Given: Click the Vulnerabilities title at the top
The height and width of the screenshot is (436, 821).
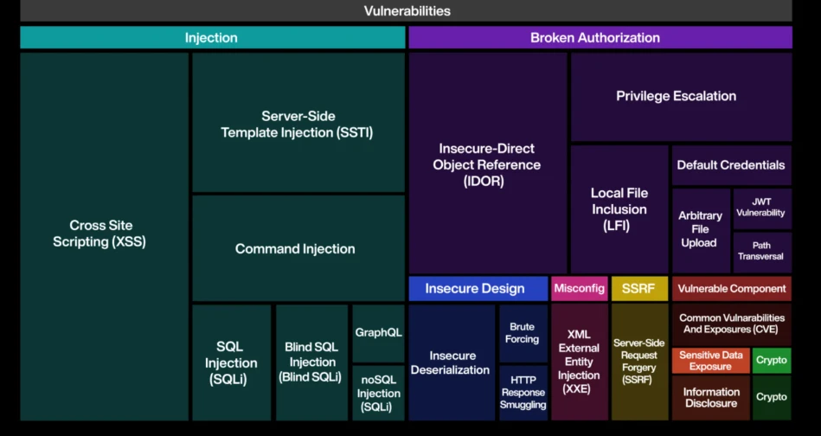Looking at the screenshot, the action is (x=407, y=10).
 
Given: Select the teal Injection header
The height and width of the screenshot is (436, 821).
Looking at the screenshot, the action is (x=213, y=38).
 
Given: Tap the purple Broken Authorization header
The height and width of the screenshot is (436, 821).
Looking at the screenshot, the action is (x=600, y=38).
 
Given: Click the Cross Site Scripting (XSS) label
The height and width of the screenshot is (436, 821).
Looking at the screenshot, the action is (x=99, y=234).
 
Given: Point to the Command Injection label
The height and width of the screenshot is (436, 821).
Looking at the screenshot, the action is (x=295, y=248).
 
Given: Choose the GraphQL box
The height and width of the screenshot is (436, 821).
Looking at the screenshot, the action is (x=379, y=333).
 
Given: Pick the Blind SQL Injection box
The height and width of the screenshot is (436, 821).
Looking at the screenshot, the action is (x=311, y=362).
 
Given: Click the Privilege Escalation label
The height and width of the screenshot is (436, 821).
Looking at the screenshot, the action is (x=676, y=96).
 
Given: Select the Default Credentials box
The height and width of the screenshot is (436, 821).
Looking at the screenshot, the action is (x=731, y=165).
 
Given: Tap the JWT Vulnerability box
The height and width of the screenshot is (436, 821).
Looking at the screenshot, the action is (x=762, y=208).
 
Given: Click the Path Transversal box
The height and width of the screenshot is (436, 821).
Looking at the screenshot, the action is (x=762, y=253).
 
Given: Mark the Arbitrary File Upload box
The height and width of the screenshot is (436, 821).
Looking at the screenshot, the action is (x=701, y=230).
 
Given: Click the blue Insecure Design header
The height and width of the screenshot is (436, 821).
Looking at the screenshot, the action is (x=478, y=288).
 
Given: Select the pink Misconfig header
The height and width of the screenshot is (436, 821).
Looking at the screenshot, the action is (x=579, y=288).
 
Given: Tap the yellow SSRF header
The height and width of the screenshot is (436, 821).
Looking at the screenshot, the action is (x=639, y=288).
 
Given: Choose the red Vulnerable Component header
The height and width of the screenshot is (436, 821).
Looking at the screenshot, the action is (x=732, y=288).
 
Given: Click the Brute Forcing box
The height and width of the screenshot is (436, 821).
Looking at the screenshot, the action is (x=523, y=333).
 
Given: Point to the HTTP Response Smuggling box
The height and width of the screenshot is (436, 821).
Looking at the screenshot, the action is (x=523, y=393).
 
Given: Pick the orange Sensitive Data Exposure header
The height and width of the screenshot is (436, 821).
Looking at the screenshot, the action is (x=710, y=361).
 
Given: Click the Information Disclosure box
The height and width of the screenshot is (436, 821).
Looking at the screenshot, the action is (x=710, y=398).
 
